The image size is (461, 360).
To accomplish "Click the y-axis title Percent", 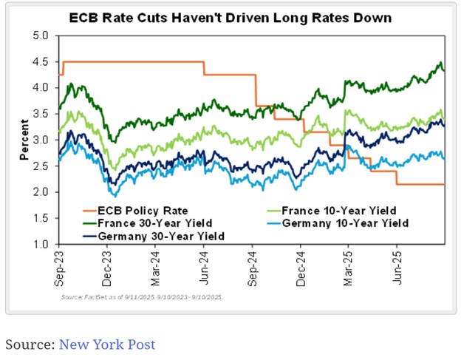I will (x=24, y=139).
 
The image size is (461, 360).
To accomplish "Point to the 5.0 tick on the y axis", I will (x=41, y=35).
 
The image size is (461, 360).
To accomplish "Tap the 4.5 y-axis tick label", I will (x=41, y=61).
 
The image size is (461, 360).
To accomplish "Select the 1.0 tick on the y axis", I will (x=41, y=244).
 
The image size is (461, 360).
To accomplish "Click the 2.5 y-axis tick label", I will (x=41, y=166).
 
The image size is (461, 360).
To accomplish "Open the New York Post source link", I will (x=106, y=344).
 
